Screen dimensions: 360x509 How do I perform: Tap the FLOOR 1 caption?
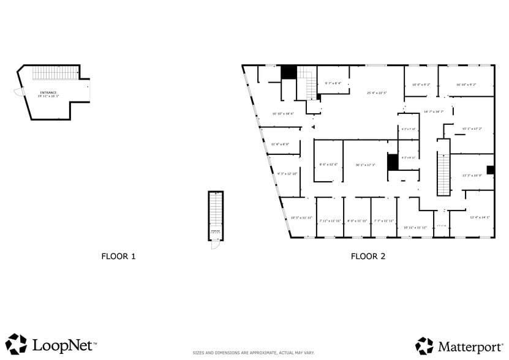118,257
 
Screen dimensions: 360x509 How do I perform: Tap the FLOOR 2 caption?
368,257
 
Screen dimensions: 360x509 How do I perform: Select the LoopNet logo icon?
16,344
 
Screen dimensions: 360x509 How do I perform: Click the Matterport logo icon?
424,345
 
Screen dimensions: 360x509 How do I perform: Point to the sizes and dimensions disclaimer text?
254,353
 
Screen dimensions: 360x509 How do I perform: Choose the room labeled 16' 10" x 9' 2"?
466,84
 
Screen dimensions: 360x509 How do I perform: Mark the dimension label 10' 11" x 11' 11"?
415,227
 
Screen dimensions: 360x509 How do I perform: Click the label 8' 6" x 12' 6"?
329,164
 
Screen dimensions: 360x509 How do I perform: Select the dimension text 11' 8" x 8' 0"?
280,144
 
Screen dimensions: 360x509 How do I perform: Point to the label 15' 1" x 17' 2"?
472,129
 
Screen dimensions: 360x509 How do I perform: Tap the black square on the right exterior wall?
490,170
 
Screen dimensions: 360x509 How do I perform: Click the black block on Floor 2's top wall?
288,72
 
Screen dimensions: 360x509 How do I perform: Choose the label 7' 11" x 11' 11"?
330,220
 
